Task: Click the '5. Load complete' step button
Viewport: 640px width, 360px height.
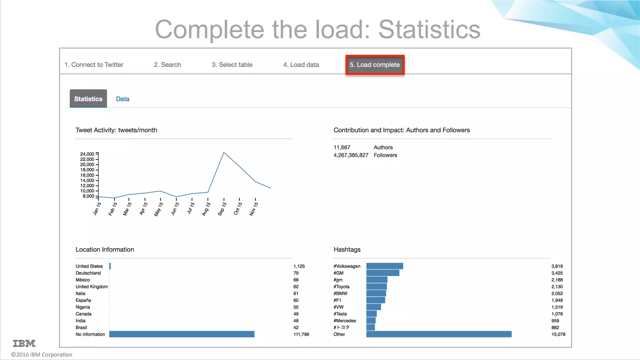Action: coord(375,65)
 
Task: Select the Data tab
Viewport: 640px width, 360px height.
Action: coord(122,99)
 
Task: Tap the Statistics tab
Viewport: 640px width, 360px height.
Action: coord(88,99)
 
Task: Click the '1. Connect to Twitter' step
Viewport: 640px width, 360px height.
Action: coord(94,65)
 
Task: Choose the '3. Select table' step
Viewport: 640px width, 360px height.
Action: coord(232,65)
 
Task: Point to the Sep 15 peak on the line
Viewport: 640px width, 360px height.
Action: coord(224,152)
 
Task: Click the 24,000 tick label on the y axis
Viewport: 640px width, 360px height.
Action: coord(87,154)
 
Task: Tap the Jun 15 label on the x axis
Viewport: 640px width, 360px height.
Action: coord(175,208)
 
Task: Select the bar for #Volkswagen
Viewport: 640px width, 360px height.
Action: coord(384,266)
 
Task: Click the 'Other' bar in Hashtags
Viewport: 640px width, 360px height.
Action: coord(439,334)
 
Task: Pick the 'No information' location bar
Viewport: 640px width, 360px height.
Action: coord(182,334)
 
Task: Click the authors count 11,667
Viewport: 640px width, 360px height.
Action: coord(342,147)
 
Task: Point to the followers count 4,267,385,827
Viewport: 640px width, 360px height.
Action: coord(351,155)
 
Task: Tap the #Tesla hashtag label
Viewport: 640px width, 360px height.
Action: coord(340,314)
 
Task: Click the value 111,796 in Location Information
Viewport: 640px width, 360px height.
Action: coord(301,334)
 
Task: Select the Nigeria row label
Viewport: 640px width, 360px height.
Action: coord(83,307)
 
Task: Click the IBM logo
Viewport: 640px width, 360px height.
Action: coord(24,343)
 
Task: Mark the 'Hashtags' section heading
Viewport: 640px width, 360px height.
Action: coord(347,250)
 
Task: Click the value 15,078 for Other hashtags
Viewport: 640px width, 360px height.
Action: coord(558,334)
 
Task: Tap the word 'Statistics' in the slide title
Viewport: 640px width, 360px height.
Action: coord(429,29)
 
